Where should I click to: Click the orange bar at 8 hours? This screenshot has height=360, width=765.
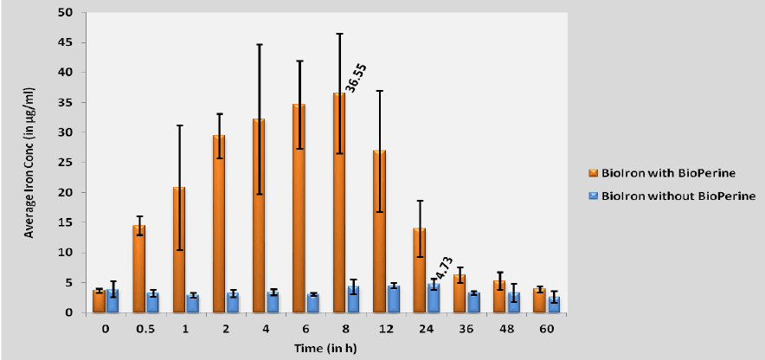click(x=339, y=202)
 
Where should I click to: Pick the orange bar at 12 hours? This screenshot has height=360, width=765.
click(x=379, y=231)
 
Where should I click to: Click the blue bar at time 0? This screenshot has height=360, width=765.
click(x=112, y=301)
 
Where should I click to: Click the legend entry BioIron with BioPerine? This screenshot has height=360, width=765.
click(x=671, y=171)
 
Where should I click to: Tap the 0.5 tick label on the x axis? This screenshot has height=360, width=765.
click(x=145, y=330)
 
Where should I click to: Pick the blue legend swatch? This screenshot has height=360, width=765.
click(x=593, y=196)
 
